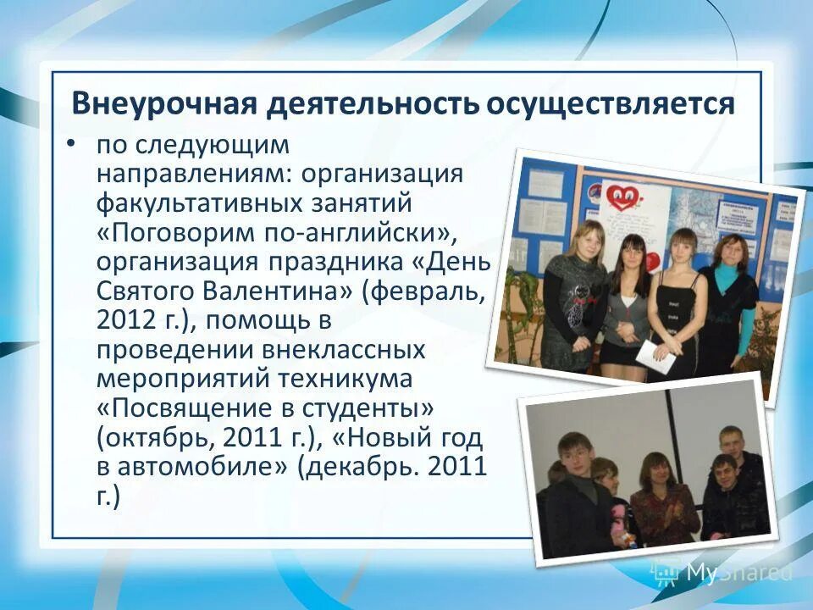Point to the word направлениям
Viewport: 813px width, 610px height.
(x=189, y=174)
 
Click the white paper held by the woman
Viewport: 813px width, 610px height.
(x=655, y=355)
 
